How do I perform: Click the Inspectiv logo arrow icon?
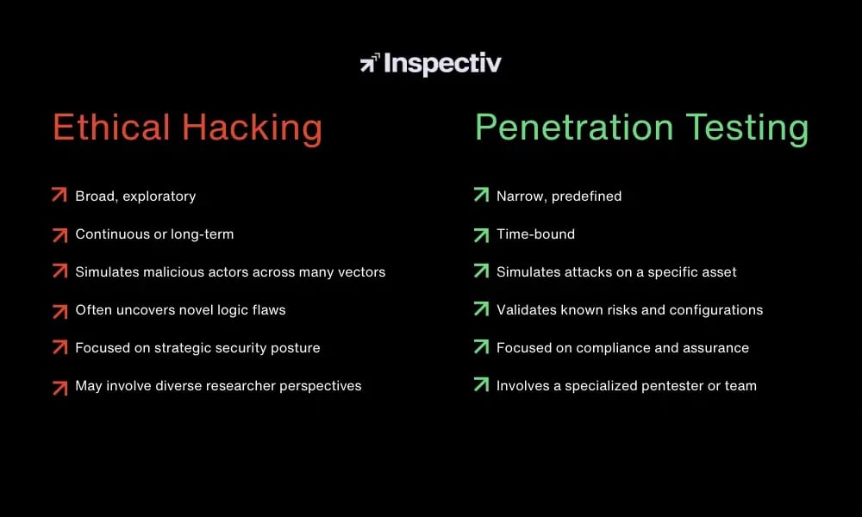tap(370, 64)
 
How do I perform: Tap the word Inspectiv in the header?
tap(442, 64)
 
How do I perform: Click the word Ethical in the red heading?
tap(111, 128)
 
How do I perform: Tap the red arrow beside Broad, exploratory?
tap(59, 196)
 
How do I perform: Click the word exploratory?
tap(159, 196)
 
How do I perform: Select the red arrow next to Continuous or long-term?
tap(59, 234)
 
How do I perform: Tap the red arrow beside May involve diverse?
tap(59, 386)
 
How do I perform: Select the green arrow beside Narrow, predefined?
tap(481, 196)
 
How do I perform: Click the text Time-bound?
tap(535, 234)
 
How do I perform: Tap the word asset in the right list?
tap(718, 271)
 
